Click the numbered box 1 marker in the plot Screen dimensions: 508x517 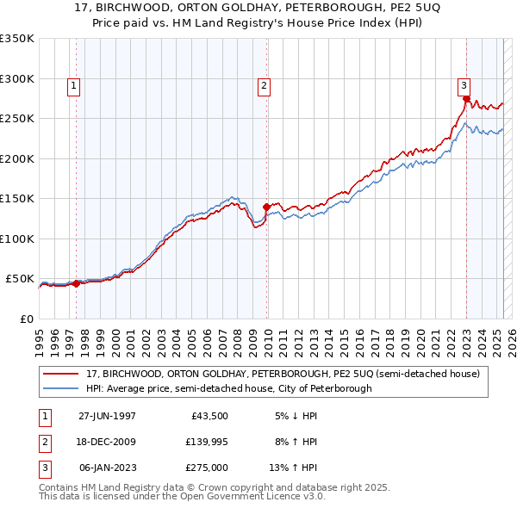(x=74, y=85)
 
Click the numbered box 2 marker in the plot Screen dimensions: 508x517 (x=262, y=85)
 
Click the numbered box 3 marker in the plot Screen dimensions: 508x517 (x=464, y=85)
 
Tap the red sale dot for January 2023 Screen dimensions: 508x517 (x=466, y=99)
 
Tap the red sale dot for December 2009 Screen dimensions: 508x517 (x=266, y=207)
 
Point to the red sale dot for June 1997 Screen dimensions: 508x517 (x=76, y=283)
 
